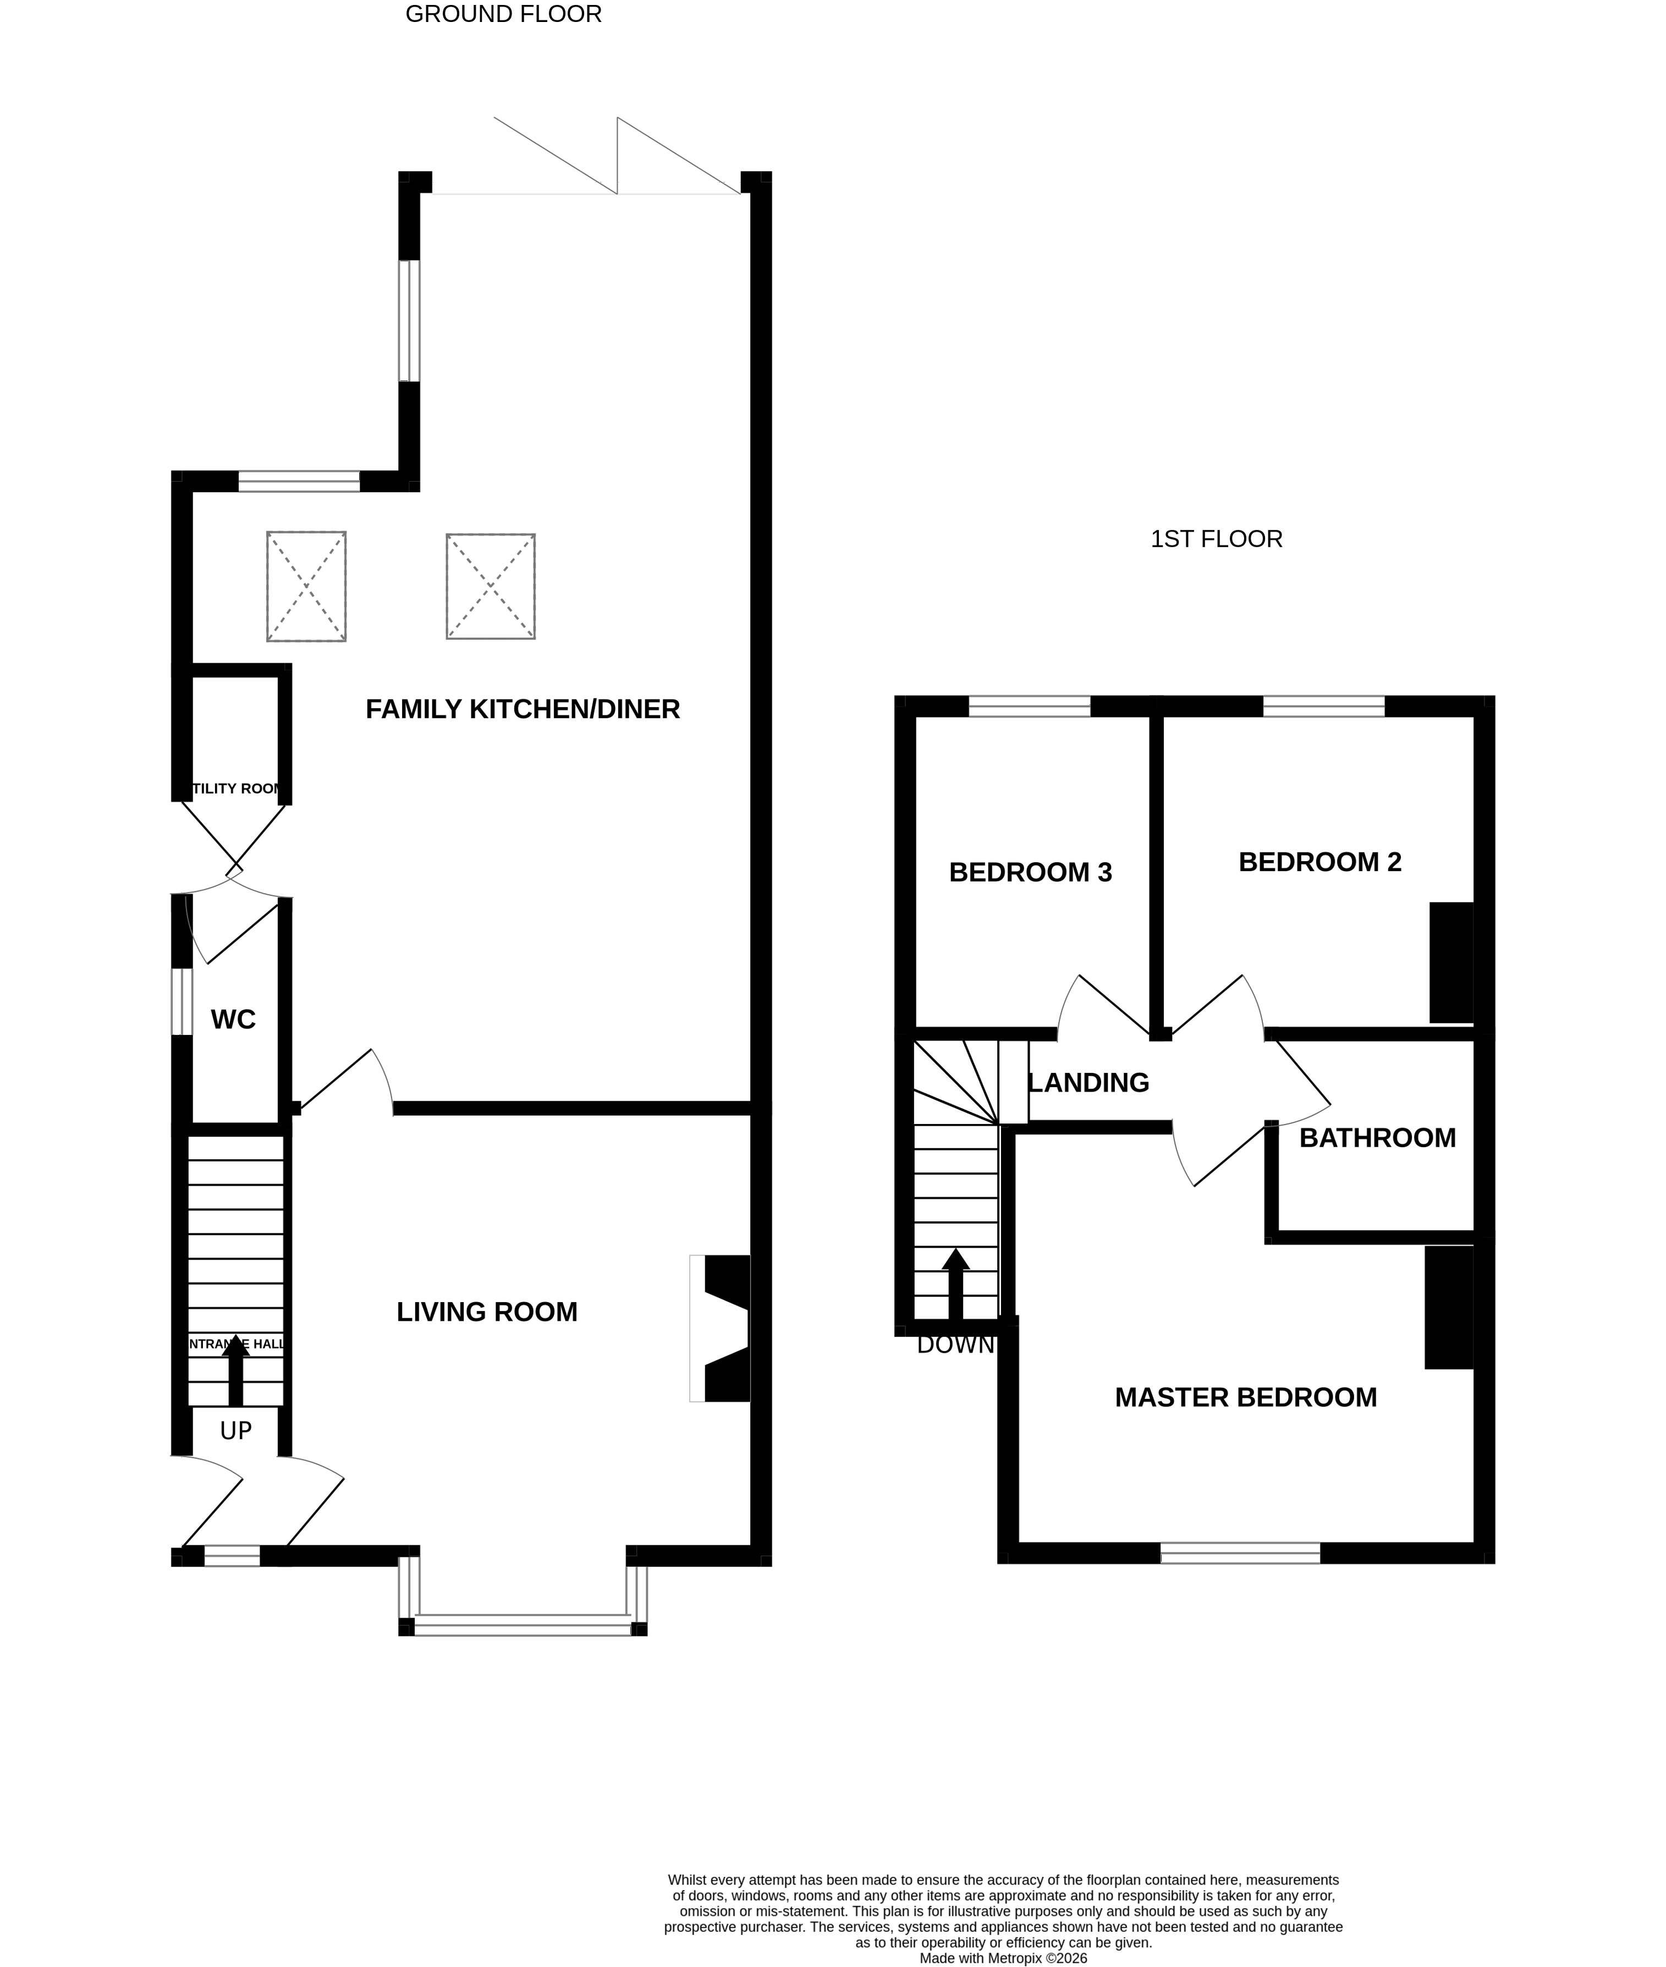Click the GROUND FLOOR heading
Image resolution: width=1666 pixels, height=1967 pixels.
tap(503, 14)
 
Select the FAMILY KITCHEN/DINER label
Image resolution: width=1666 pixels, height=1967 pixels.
tap(523, 709)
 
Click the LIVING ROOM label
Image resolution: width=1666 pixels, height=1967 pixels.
tap(486, 1312)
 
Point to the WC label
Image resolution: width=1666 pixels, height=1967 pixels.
tap(233, 1020)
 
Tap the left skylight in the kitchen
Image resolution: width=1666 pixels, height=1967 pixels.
tap(306, 586)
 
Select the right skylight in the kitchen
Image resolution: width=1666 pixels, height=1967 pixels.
tap(490, 586)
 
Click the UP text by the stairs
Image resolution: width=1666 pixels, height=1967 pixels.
tap(235, 1431)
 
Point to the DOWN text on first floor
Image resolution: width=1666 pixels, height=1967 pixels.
tap(955, 1345)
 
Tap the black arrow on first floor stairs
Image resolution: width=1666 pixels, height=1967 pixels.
tap(955, 1284)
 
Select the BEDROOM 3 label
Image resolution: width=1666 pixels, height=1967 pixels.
tap(1030, 873)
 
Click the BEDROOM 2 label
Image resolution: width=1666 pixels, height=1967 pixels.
tap(1319, 862)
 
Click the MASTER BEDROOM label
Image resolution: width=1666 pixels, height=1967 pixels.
tap(1245, 1398)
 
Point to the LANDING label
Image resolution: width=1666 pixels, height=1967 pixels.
tap(1088, 1083)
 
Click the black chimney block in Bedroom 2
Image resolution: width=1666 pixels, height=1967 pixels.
tap(1450, 962)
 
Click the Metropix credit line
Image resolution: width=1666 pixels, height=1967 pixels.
tap(1003, 1959)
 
